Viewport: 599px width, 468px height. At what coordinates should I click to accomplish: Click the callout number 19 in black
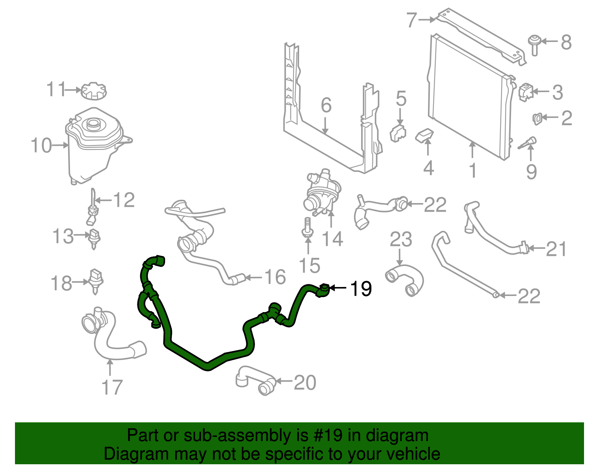(361, 289)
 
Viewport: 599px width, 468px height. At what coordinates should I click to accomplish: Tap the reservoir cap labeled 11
(94, 91)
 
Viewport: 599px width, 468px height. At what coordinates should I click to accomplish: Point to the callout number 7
(412, 20)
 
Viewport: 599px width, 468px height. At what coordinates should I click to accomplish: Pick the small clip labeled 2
(537, 118)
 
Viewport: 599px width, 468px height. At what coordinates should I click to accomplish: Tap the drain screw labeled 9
(528, 143)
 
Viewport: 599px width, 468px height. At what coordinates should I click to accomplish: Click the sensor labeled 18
(96, 280)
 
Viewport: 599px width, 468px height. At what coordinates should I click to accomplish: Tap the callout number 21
(556, 249)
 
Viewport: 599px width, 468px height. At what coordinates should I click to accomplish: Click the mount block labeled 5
(398, 133)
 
